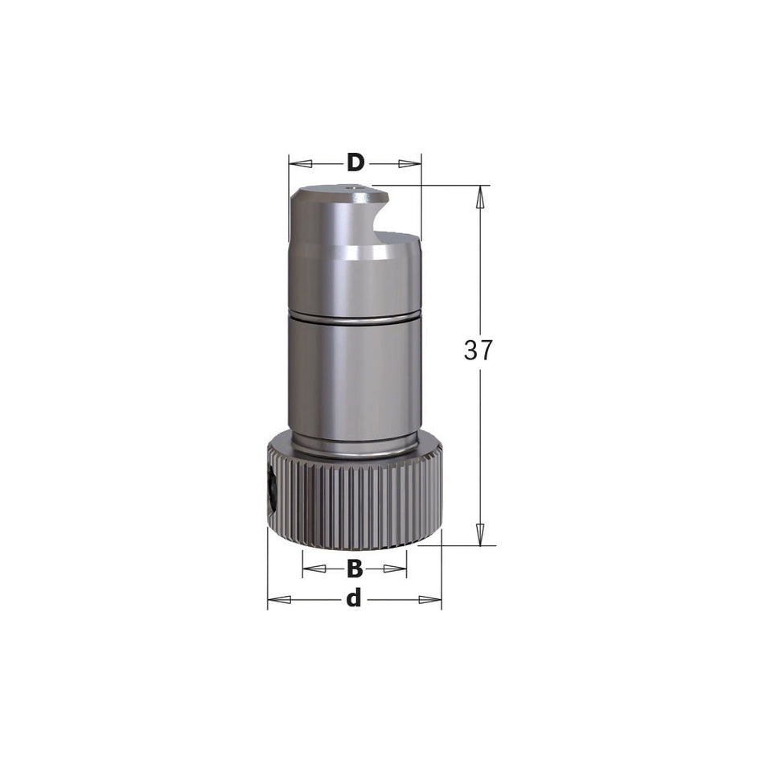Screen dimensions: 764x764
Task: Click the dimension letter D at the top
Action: (355, 163)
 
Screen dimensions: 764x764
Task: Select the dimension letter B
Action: (355, 569)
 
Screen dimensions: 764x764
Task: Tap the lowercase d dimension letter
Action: (354, 599)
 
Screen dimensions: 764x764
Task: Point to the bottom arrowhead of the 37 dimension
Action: (480, 534)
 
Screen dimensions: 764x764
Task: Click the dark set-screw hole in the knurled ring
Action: (273, 492)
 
